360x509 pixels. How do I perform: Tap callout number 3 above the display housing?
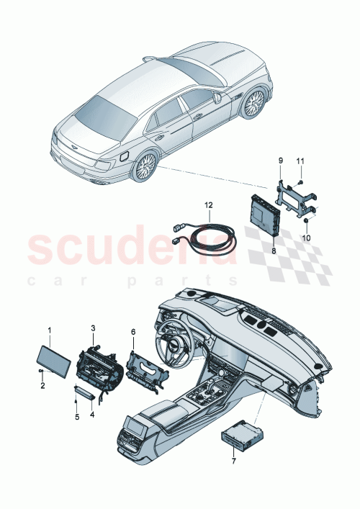pyautogui.click(x=92, y=329)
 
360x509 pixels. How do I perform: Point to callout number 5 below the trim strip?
pyautogui.click(x=77, y=417)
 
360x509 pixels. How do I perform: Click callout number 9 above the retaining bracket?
pyautogui.click(x=280, y=158)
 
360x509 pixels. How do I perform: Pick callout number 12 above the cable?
pyautogui.click(x=209, y=204)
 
